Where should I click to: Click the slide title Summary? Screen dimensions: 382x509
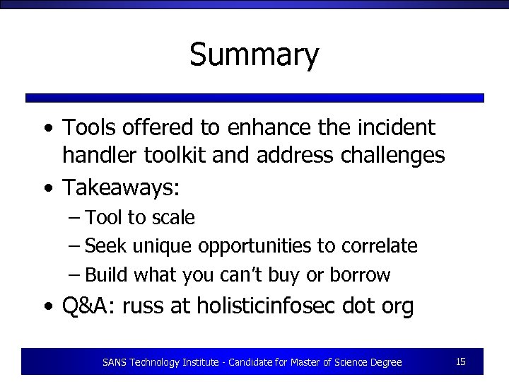[254, 55]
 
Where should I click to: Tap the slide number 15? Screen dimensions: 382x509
[460, 361]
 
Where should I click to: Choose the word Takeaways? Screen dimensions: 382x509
[122, 187]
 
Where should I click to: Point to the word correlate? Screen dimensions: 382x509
[380, 246]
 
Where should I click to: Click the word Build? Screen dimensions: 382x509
[106, 274]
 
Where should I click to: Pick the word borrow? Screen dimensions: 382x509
[364, 274]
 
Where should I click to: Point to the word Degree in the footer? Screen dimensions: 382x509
[385, 362]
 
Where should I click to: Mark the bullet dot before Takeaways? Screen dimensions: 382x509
[47, 188]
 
